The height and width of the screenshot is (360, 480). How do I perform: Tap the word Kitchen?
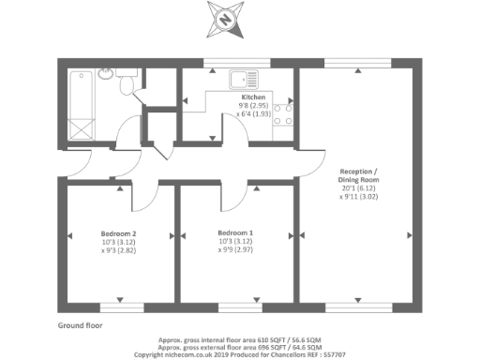coord(254,97)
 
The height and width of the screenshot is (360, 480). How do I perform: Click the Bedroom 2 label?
coord(119,232)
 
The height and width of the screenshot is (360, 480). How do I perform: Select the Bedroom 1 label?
coord(235,232)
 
